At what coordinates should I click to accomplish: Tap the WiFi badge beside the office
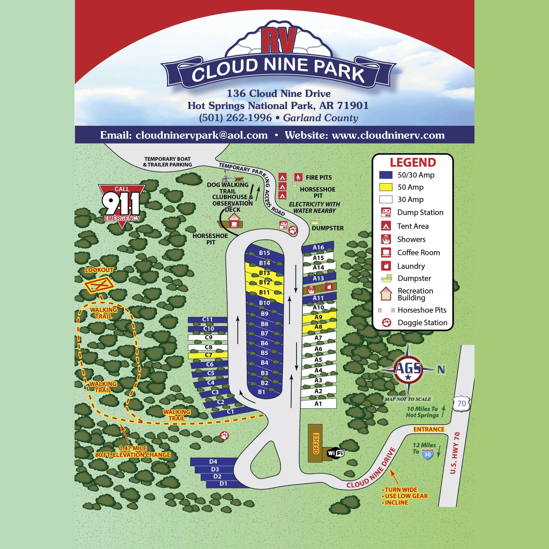pos(335,453)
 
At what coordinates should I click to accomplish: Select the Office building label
pos(316,444)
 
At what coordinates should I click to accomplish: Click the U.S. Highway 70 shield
pos(462,403)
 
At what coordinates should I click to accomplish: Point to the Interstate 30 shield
pos(427,454)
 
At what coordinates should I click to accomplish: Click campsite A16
pos(318,247)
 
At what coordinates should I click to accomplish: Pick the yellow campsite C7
pos(208,355)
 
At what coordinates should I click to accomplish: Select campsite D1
pos(223,484)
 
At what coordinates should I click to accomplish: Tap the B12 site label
pos(264,283)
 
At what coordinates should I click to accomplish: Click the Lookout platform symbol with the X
pos(99,285)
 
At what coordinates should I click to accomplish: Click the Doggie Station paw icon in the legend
pos(387,322)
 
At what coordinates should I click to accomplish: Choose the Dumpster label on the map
pos(328,228)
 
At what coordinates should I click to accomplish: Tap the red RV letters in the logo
pos(279,40)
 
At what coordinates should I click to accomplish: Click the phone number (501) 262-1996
pos(235,118)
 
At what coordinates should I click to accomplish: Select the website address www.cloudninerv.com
pos(388,135)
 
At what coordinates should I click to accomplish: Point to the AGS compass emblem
pos(408,369)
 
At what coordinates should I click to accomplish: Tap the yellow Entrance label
pos(429,429)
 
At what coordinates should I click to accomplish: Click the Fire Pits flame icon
pos(298,177)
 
